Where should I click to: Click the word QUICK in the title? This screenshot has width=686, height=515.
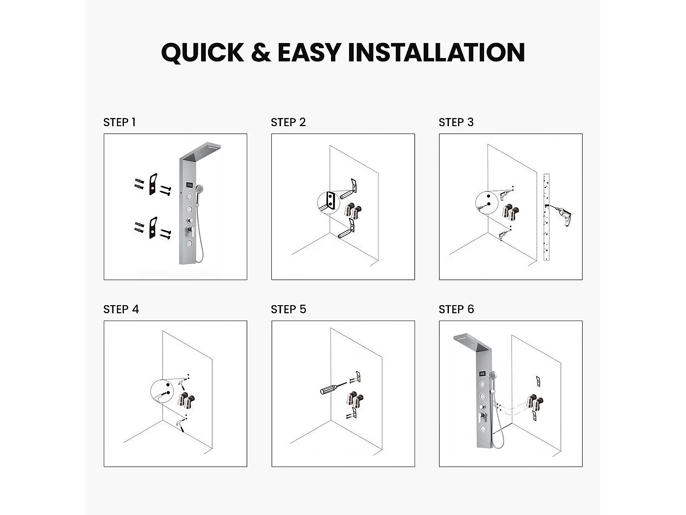click(x=202, y=52)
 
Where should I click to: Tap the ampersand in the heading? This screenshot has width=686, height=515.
click(x=261, y=52)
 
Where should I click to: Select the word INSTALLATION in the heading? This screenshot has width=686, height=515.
click(x=436, y=52)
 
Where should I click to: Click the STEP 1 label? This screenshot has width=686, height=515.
click(x=119, y=122)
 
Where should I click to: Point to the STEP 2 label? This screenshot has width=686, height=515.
click(x=288, y=122)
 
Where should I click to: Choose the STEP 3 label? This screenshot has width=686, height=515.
click(x=456, y=122)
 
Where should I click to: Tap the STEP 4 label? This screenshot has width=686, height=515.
click(x=121, y=309)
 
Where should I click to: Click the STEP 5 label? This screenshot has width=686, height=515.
click(x=289, y=309)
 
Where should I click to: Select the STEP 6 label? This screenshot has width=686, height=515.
click(x=456, y=309)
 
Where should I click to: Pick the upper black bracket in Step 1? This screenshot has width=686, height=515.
click(x=153, y=184)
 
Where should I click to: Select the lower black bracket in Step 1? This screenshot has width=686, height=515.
click(x=153, y=228)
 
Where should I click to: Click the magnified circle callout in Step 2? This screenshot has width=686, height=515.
click(x=328, y=203)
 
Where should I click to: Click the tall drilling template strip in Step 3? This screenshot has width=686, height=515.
click(x=546, y=217)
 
